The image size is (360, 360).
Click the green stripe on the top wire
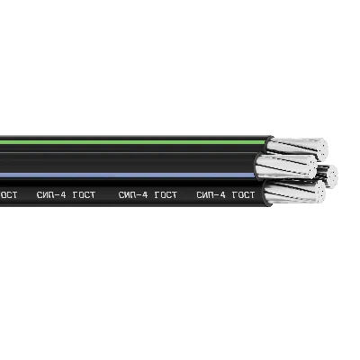coord(133,142)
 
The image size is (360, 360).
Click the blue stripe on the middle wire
coord(128,175)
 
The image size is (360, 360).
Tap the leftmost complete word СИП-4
coord(51,195)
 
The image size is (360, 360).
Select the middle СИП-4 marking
coord(133,195)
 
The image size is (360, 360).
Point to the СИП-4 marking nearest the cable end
coord(211,195)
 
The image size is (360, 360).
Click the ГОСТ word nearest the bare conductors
coord(244,195)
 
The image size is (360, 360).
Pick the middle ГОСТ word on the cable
coord(166,195)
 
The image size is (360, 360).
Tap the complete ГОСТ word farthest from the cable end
coord(84,195)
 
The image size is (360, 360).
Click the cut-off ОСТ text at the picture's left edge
coord(8,195)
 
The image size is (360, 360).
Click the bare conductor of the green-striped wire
coord(297,148)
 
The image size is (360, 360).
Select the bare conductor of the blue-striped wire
coord(285,166)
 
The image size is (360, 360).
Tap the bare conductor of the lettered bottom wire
coord(294,192)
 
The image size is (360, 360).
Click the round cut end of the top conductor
coord(323,149)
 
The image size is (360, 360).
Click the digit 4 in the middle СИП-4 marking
coord(145,195)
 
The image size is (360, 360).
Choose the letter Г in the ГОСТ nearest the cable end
coord(235,195)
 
